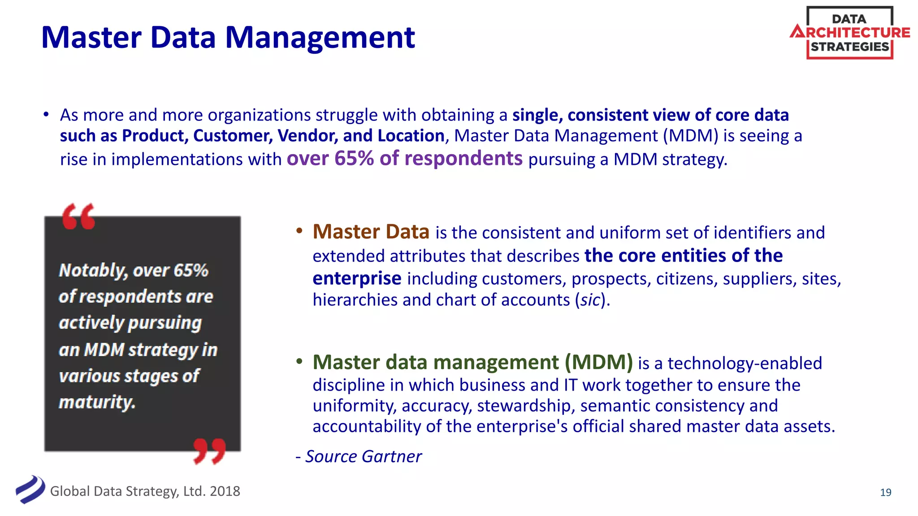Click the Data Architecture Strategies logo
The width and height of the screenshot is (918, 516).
(849, 33)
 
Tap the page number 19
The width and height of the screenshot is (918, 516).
(885, 492)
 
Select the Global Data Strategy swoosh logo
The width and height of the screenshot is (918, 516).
(30, 490)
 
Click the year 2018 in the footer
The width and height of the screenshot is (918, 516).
(225, 491)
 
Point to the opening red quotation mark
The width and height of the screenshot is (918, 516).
(79, 216)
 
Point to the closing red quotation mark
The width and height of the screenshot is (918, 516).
(209, 451)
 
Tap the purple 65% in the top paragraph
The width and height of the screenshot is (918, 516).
(354, 159)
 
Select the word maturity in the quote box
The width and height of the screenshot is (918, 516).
(97, 402)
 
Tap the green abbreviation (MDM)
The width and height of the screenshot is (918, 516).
(598, 362)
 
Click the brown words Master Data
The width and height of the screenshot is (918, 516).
(371, 232)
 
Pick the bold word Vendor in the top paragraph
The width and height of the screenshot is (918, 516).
(307, 136)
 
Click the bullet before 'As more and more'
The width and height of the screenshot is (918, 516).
(46, 115)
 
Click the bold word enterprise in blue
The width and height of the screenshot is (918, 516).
(357, 279)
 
